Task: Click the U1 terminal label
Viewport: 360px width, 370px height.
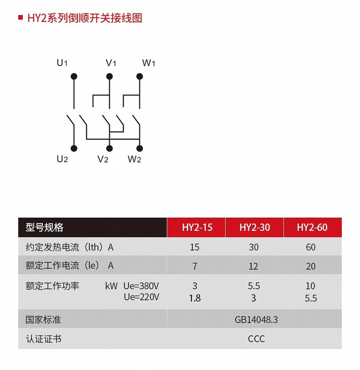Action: [62, 63]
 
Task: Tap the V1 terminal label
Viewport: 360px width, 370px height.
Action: [111, 63]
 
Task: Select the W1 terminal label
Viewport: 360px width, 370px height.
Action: [149, 63]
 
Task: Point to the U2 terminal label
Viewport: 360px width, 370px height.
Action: [62, 159]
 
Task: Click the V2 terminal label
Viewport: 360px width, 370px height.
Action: [103, 159]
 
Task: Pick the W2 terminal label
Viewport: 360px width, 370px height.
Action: [134, 159]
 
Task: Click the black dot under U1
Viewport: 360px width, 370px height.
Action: [74, 76]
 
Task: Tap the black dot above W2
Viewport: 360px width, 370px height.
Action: [140, 148]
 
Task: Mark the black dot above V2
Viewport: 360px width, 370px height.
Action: [109, 148]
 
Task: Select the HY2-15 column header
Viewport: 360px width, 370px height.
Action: [197, 227]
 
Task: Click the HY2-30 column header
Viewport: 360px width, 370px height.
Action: [254, 227]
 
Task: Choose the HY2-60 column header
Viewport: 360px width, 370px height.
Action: [312, 227]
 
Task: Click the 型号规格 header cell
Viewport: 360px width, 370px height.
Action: [45, 227]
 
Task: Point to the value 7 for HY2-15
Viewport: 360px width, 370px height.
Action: [195, 266]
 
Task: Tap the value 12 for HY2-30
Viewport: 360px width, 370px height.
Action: [254, 266]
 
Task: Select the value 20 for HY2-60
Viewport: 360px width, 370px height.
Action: [311, 266]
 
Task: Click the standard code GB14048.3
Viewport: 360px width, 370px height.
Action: [256, 320]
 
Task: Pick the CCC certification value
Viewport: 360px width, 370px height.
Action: [256, 339]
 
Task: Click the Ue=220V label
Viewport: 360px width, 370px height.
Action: [141, 297]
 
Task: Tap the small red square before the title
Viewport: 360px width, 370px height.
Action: [20, 18]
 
